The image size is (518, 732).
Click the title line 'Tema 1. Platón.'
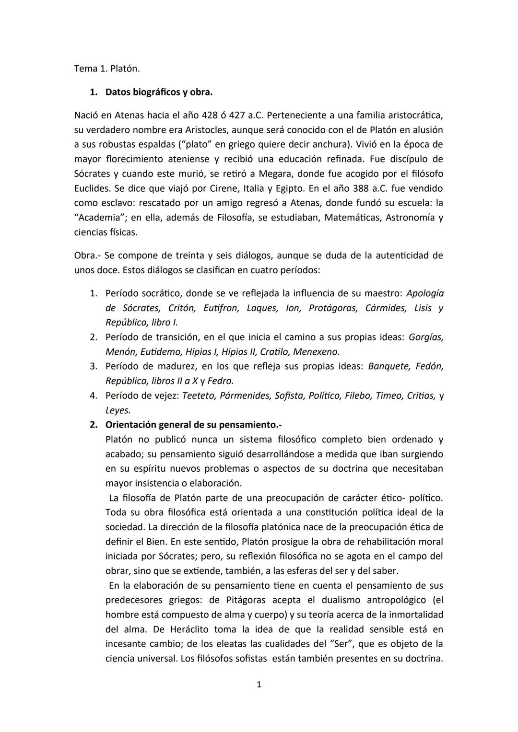point(107,69)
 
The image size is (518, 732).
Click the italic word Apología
point(424,293)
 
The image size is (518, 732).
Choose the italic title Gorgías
point(425,337)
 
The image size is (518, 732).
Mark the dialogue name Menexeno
point(316,352)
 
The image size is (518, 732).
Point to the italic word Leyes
point(118,410)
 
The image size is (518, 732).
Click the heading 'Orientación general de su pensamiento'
point(193,425)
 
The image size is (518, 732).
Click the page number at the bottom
point(259,685)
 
